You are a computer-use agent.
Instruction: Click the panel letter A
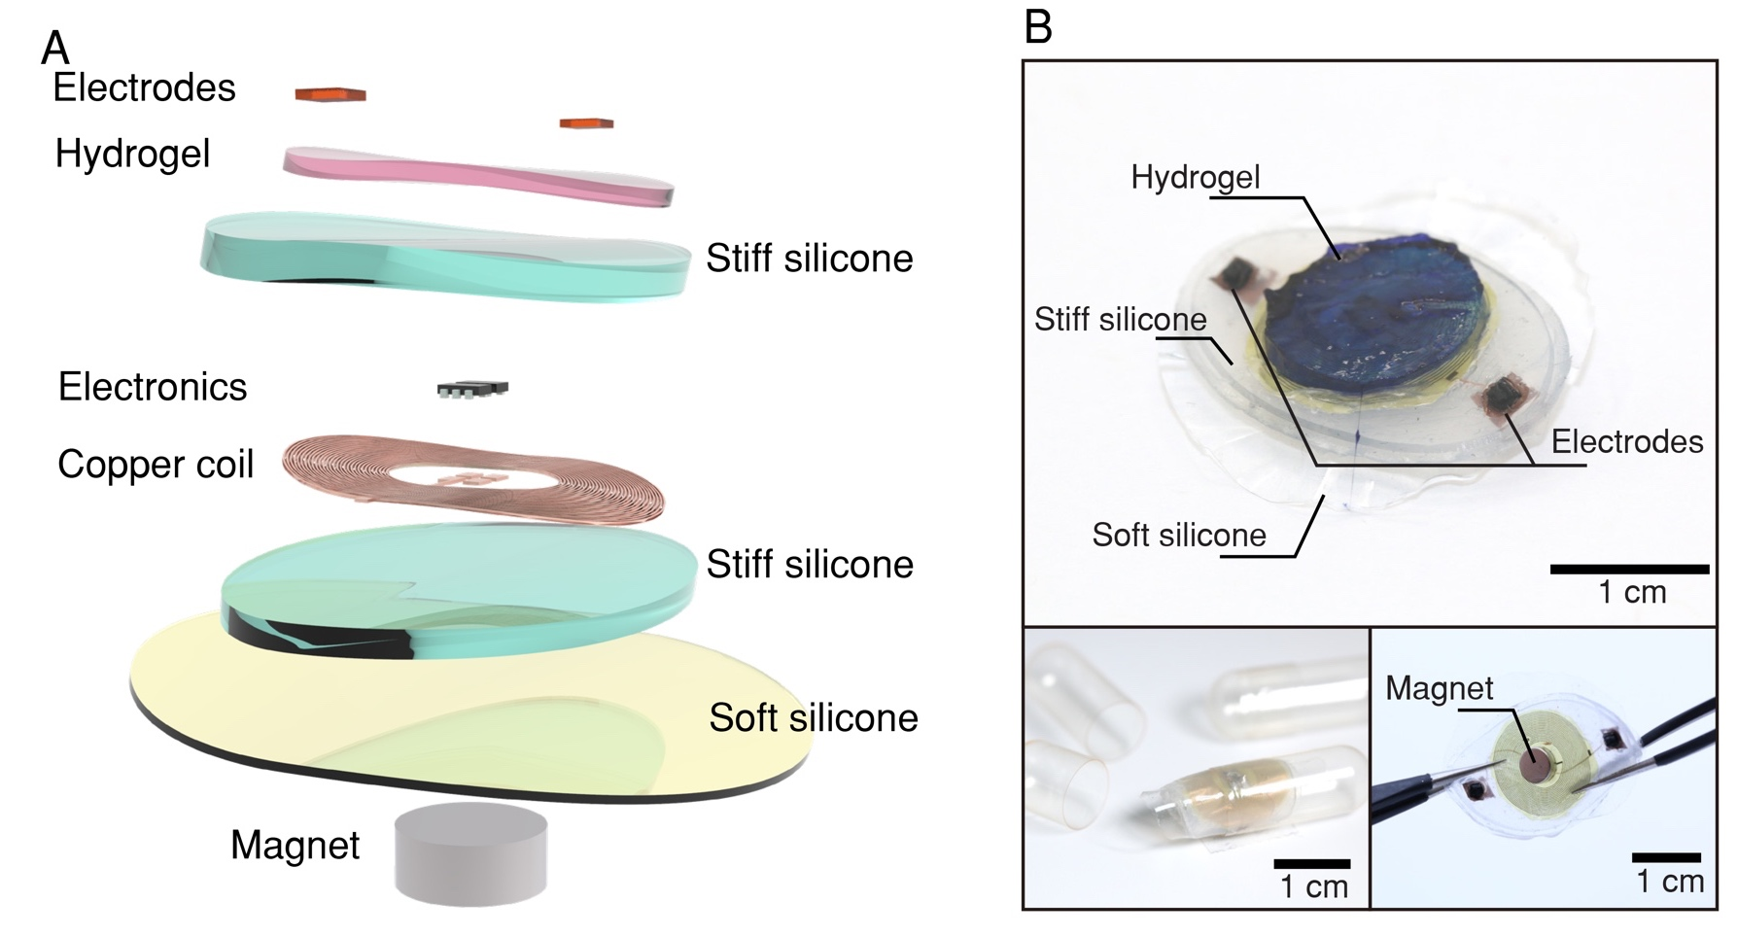tap(55, 47)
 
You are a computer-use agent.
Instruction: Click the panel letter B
tap(1038, 26)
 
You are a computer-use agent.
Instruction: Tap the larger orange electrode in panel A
tap(330, 94)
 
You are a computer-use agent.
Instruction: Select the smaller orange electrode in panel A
tap(586, 123)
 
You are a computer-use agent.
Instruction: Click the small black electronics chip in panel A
tap(472, 389)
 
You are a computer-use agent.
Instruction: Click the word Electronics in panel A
tap(153, 387)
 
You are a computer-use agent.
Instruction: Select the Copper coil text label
tap(156, 465)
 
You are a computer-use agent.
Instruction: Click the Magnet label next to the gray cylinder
tap(295, 846)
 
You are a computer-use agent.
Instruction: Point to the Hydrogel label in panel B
tap(1195, 177)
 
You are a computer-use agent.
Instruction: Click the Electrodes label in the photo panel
tap(1626, 442)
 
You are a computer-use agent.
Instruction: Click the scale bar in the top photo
tap(1628, 569)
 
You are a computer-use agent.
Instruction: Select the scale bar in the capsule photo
tap(1311, 863)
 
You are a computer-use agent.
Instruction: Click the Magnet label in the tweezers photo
tap(1439, 688)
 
